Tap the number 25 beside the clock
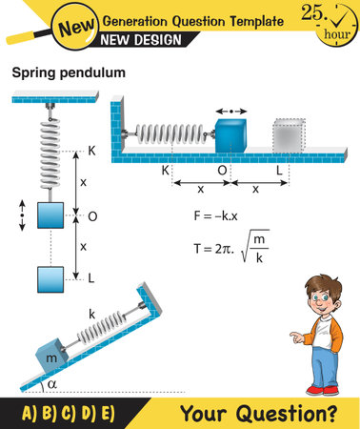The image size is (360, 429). pos(312,12)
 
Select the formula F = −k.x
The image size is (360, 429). pos(222,216)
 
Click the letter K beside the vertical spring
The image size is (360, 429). pos(91,151)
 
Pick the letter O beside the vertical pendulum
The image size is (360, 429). pos(91,215)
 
